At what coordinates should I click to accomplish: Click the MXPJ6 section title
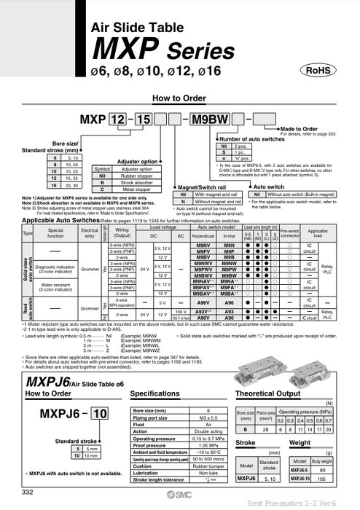[61, 381]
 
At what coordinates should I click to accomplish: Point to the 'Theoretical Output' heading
[270, 393]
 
